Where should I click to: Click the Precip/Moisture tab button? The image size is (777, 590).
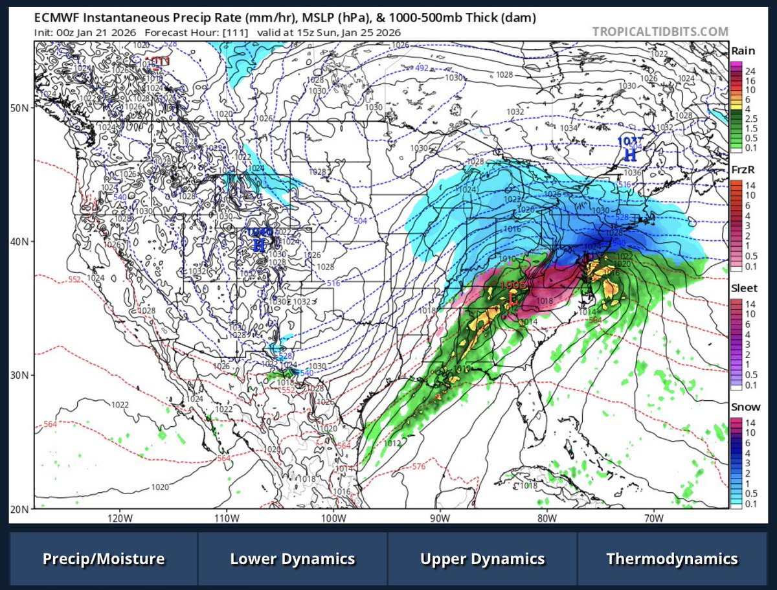click(104, 559)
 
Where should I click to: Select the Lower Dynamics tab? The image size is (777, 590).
click(293, 559)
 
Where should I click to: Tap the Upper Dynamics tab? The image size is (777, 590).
click(482, 559)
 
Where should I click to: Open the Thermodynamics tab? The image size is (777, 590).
click(672, 559)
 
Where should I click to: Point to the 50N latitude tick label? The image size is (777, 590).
click(21, 108)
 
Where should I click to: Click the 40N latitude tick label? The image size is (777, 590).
click(21, 242)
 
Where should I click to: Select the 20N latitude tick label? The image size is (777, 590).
click(21, 509)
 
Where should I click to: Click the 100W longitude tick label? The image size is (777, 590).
click(335, 519)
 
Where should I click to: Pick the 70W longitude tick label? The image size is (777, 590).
click(655, 519)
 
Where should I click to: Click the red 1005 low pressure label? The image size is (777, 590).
click(513, 285)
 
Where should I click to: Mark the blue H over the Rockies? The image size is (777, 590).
click(258, 244)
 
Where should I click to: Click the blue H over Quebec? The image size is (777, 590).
click(628, 153)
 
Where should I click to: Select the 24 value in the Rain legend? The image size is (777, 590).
click(750, 70)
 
